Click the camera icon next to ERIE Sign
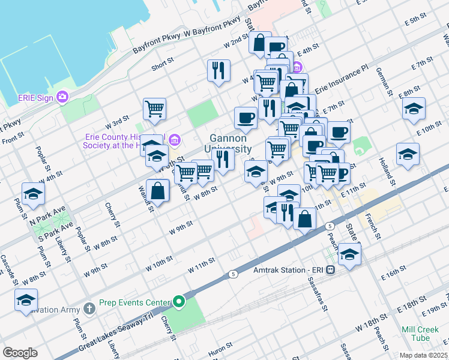(62, 97)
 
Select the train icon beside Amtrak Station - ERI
(330, 270)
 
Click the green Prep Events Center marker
(178, 301)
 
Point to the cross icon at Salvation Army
(89, 308)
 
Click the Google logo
(20, 353)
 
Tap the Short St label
(163, 64)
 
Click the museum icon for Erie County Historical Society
(175, 141)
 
